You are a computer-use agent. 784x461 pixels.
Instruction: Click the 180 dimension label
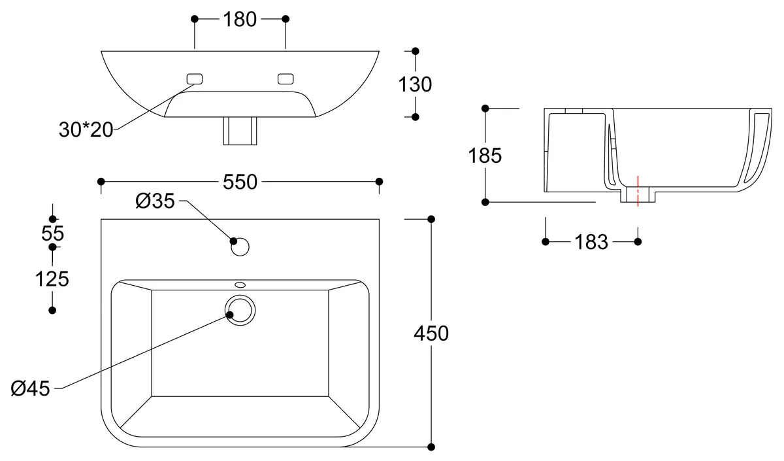click(240, 20)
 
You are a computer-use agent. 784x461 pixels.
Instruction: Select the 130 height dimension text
click(416, 84)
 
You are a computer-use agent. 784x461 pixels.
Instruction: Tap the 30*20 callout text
click(86, 129)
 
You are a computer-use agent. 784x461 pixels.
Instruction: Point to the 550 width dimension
click(240, 182)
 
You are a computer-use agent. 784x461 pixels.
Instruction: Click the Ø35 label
click(155, 201)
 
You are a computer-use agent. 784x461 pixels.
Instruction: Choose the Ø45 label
click(31, 388)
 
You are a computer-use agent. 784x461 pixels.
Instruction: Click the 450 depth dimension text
click(431, 333)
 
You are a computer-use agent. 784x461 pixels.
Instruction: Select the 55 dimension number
click(52, 233)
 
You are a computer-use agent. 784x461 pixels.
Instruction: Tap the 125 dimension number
click(52, 279)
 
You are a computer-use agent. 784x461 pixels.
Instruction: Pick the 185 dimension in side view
click(485, 156)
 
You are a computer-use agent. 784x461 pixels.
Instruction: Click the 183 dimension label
click(591, 242)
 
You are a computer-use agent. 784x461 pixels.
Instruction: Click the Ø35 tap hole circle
click(240, 247)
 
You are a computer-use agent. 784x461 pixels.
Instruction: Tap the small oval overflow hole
click(240, 284)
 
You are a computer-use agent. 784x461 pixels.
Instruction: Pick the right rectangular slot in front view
click(286, 79)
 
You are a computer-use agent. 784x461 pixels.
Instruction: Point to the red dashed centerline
click(637, 190)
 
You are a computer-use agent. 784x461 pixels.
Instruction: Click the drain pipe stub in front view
click(240, 131)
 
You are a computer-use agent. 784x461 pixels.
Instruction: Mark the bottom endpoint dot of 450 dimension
click(431, 447)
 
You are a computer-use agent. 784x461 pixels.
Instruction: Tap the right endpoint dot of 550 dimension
click(380, 181)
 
